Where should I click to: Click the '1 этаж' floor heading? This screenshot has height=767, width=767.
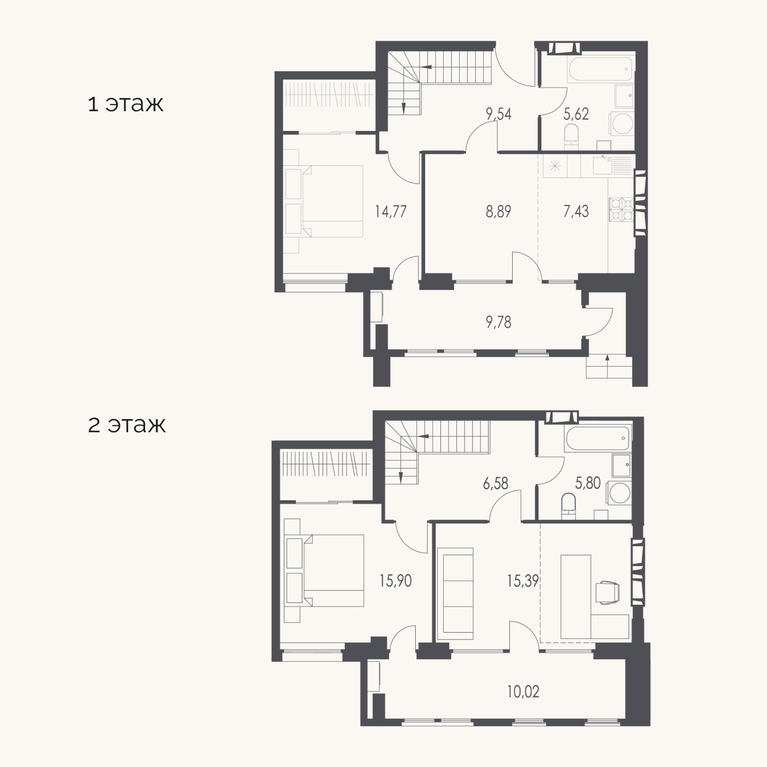coord(125,104)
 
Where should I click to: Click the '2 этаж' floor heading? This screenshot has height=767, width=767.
coord(127,425)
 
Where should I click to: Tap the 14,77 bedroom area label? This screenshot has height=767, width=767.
coord(391,211)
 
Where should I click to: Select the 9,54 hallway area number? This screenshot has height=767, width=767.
coord(499,115)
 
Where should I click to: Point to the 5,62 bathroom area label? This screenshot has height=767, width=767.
coord(576,115)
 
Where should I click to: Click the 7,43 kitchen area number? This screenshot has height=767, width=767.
coord(576,211)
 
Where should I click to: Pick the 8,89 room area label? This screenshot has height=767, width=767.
coord(499,211)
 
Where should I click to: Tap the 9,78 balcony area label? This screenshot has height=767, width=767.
coord(499,322)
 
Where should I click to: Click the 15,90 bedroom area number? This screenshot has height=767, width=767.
coord(395,581)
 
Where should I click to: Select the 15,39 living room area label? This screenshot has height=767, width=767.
coord(523,581)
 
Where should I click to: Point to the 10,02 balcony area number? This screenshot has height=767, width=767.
coord(523,691)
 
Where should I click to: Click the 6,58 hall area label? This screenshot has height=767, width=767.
coord(496,483)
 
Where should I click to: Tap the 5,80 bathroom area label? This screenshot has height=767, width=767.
coord(587,483)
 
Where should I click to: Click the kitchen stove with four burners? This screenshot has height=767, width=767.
coord(621,209)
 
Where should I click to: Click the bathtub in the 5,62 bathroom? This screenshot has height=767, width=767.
coord(600,69)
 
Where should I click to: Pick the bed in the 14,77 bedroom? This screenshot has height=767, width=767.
coord(333,202)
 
